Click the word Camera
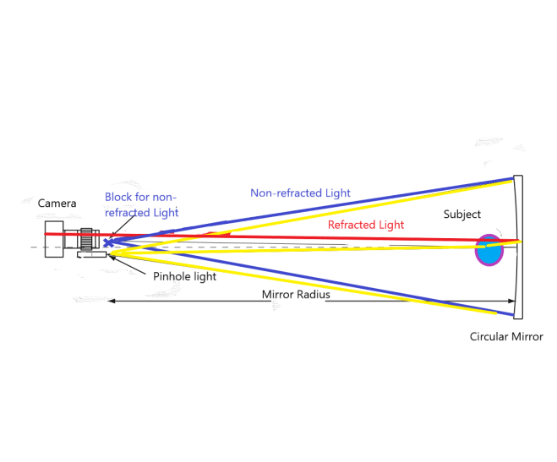[57, 203]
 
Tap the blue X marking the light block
[106, 242]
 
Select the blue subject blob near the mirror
[488, 252]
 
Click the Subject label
[461, 215]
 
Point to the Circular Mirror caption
[506, 337]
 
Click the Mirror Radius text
[296, 295]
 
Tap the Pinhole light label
[184, 276]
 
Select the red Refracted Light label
[366, 225]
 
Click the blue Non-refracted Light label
[300, 193]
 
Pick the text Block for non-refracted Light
[141, 204]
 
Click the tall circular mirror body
[518, 247]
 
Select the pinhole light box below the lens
[90, 255]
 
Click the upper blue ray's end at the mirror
[512, 179]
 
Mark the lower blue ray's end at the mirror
[512, 314]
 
